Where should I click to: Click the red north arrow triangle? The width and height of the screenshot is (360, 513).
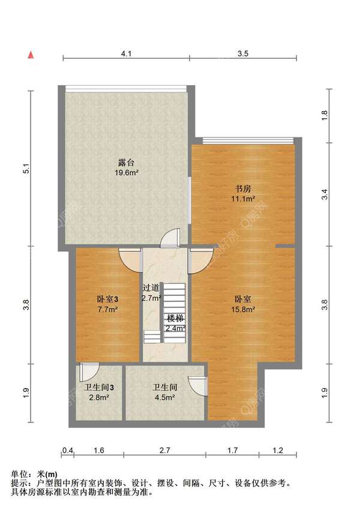(31, 55)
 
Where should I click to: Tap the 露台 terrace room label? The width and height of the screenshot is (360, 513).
(126, 163)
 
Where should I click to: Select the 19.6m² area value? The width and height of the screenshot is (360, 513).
(127, 172)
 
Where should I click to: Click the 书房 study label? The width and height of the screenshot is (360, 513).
(243, 189)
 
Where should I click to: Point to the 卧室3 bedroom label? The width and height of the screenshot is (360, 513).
(107, 299)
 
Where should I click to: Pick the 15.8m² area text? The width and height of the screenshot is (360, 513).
(243, 309)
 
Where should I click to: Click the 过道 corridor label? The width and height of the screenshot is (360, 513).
(151, 288)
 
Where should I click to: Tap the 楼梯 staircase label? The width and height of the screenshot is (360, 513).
(175, 319)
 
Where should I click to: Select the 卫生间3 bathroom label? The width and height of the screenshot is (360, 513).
(99, 388)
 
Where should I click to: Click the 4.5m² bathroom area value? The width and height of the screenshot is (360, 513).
(164, 398)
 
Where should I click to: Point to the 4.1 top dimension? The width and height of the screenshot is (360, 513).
(126, 53)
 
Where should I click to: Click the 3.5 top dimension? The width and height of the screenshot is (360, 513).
(243, 53)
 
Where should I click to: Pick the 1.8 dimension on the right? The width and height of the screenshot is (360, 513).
(325, 115)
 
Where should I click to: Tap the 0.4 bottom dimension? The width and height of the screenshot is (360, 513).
(68, 451)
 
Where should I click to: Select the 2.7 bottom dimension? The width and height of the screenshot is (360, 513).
(164, 451)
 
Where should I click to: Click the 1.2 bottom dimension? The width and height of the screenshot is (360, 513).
(278, 451)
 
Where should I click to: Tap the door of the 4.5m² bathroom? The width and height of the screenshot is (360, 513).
(198, 386)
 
